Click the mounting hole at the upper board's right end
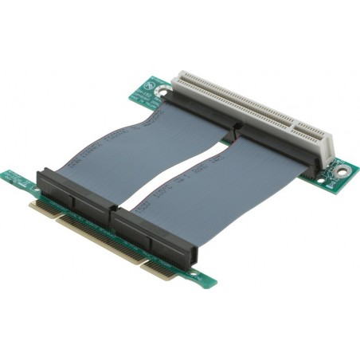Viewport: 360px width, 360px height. pyautogui.click(x=342, y=169)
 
